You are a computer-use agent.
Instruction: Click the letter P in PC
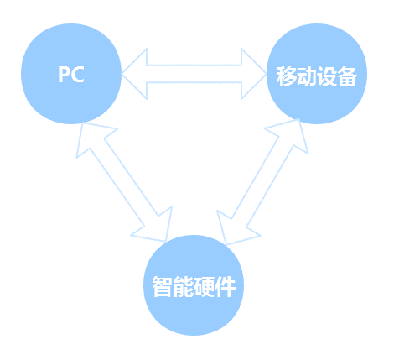pyautogui.click(x=64, y=74)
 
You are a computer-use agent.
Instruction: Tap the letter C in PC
pyautogui.click(x=77, y=74)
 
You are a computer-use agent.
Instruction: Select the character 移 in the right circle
pyautogui.click(x=287, y=76)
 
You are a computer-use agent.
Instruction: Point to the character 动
pyautogui.click(x=307, y=76)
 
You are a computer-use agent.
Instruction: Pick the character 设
pyautogui.click(x=326, y=76)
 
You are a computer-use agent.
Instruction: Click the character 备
pyautogui.click(x=346, y=76)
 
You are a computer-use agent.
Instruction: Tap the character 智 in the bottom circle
pyautogui.click(x=162, y=286)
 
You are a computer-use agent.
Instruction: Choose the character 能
pyautogui.click(x=183, y=286)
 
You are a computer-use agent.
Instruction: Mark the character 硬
pyautogui.click(x=205, y=286)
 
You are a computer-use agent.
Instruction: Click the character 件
pyautogui.click(x=226, y=286)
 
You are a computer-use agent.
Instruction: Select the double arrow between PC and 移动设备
pyautogui.click(x=194, y=74)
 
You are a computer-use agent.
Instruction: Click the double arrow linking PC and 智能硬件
pyautogui.click(x=124, y=182)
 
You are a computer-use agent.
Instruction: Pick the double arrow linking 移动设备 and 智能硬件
pyautogui.click(x=262, y=182)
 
